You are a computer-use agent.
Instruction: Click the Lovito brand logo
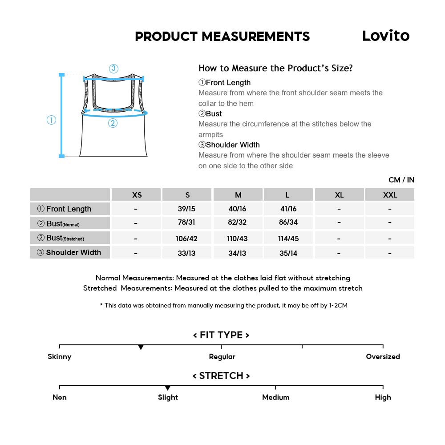tap(386, 36)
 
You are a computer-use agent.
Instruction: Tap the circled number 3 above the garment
tap(113, 69)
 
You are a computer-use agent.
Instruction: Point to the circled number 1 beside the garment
tap(52, 120)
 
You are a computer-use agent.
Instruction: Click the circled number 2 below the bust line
tap(113, 123)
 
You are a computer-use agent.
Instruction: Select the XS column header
tap(137, 195)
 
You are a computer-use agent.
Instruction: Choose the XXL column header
tap(390, 195)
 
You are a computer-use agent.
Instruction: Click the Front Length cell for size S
tap(186, 209)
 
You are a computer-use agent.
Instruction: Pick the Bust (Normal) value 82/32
tap(237, 223)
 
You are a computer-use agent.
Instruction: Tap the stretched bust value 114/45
tap(288, 239)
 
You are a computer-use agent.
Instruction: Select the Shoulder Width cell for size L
tap(288, 253)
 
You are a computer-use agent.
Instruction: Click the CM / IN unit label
tap(401, 180)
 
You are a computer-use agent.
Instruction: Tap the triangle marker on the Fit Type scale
tap(141, 347)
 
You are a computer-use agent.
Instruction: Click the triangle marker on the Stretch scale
tap(167, 388)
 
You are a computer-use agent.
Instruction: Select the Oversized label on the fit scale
tap(383, 356)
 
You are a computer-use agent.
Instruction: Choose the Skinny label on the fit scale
tap(60, 356)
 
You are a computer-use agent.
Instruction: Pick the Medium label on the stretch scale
tap(275, 397)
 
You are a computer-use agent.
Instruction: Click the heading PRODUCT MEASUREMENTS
tap(222, 36)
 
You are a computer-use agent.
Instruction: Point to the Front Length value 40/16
tap(237, 209)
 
